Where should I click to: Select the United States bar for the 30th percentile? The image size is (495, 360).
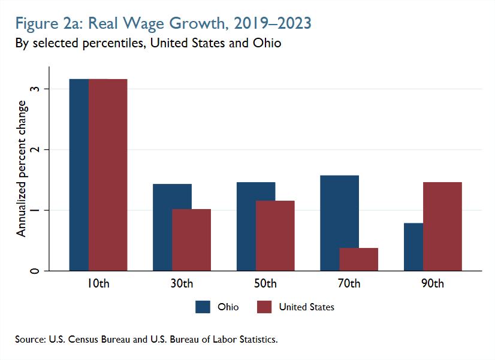[192, 240]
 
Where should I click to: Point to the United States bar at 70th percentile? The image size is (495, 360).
[359, 259]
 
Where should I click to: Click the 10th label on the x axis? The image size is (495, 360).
[98, 283]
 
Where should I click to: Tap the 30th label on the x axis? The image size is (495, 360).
[182, 283]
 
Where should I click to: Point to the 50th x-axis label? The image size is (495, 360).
[265, 283]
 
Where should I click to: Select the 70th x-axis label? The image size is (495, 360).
[349, 283]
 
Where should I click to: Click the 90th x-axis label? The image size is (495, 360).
[433, 283]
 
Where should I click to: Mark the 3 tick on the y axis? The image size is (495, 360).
[37, 89]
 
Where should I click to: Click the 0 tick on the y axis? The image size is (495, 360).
[37, 271]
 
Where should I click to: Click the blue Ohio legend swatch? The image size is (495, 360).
[203, 307]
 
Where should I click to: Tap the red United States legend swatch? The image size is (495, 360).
[264, 307]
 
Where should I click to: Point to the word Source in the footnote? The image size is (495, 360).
[30, 340]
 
